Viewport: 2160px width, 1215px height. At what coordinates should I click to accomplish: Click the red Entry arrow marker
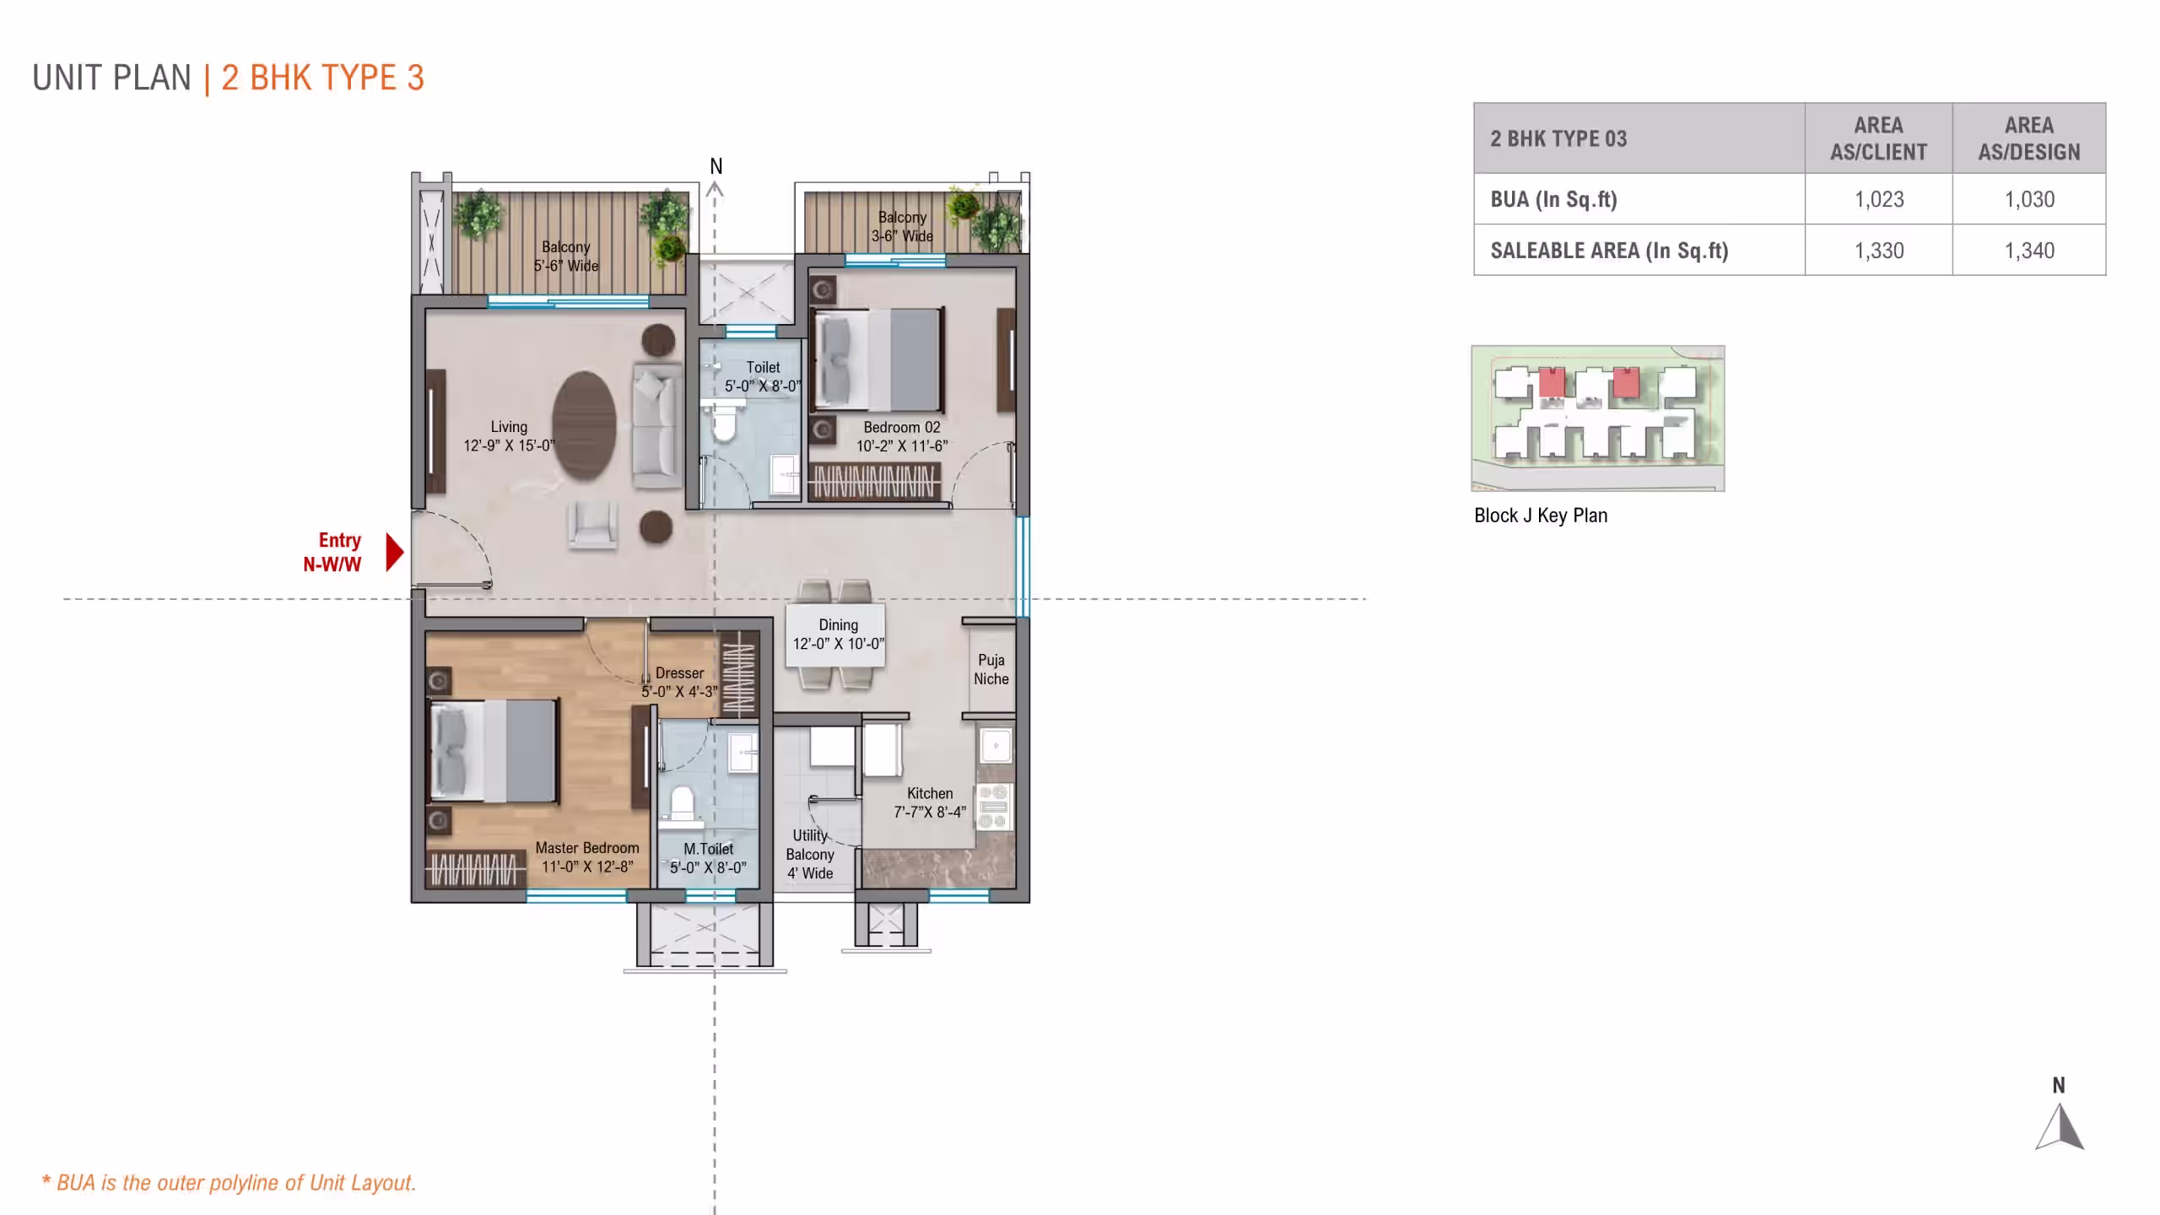394,552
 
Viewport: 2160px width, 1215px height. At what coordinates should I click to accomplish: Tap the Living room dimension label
509,445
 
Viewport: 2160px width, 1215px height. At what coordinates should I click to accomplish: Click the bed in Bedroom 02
877,360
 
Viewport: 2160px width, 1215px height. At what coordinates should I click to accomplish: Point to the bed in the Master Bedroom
494,751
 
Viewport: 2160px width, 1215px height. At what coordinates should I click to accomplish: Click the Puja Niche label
991,669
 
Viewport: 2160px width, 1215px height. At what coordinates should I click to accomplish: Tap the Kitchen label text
930,793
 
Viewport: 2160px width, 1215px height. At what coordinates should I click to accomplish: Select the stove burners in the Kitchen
994,806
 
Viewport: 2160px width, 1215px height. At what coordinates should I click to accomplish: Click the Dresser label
679,672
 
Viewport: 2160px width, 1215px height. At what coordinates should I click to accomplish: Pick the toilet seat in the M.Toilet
682,803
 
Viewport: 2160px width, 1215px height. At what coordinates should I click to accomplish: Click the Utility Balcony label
810,854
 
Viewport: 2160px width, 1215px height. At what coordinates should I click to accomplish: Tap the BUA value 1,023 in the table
1879,199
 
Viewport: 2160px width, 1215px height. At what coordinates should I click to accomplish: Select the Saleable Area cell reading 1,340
2029,251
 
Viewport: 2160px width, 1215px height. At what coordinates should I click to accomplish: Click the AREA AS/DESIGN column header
2029,138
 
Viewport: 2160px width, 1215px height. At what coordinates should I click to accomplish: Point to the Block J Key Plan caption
1541,516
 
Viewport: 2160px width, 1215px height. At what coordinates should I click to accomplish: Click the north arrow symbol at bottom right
2060,1126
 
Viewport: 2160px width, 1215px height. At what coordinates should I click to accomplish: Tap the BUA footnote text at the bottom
229,1183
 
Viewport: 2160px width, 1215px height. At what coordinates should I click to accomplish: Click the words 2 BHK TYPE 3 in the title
322,78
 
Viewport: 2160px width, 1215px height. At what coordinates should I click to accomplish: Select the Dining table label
839,634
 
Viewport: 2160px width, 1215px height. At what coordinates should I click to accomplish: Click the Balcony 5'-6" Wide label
565,256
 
